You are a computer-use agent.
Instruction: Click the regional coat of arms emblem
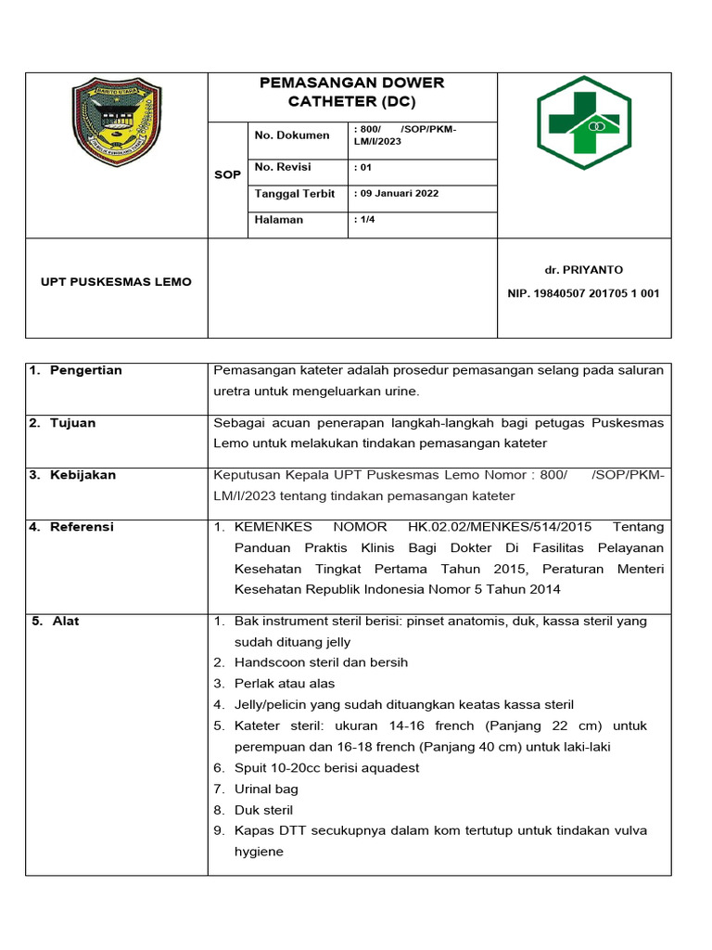(117, 122)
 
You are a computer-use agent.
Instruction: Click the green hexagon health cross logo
(584, 122)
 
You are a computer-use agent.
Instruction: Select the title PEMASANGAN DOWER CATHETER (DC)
(352, 91)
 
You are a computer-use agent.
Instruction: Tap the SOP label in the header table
(227, 174)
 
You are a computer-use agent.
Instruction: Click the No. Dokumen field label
(292, 135)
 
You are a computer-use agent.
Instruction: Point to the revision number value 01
(363, 168)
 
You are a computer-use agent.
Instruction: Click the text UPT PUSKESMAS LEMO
(117, 281)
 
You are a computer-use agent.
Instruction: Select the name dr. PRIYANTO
(583, 269)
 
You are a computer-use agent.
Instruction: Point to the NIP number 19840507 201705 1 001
(583, 293)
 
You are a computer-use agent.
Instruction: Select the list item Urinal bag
(266, 790)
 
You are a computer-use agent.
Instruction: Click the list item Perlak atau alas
(285, 684)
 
